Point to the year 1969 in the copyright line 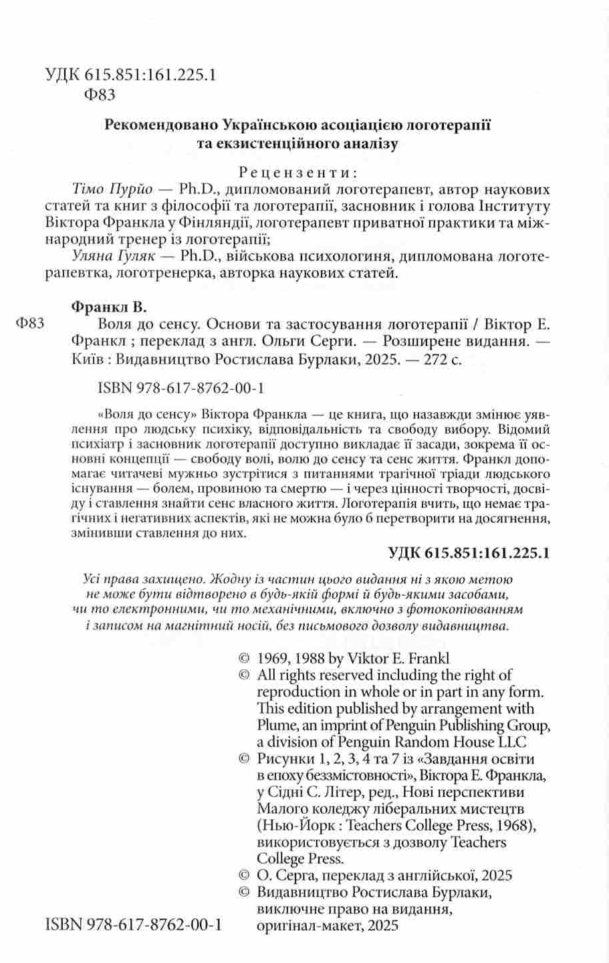272,657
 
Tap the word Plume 275,724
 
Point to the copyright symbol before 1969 244,657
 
